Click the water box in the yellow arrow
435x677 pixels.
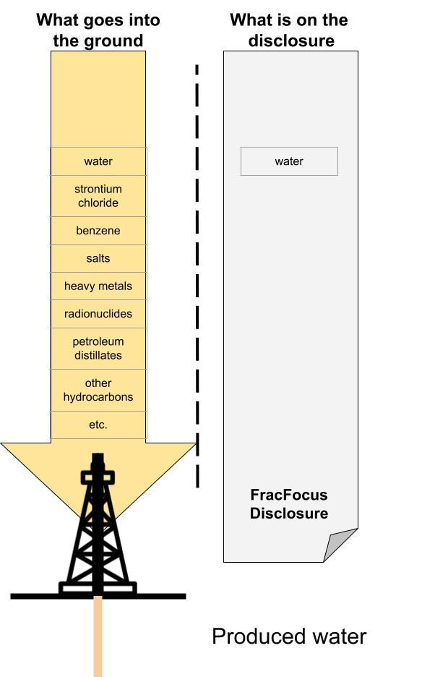[x=98, y=161]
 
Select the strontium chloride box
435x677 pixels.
[x=98, y=196]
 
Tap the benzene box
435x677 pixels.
[x=98, y=231]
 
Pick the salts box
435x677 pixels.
[x=98, y=258]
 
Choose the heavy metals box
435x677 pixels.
[x=98, y=286]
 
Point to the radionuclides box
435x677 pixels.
[x=98, y=314]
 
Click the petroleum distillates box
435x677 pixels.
[x=98, y=348]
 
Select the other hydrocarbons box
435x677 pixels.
[x=98, y=390]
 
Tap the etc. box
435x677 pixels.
[x=98, y=425]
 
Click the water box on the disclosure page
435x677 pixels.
[x=289, y=161]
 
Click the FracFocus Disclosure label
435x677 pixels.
[x=289, y=504]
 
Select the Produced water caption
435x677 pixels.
[x=289, y=636]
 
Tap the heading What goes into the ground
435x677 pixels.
[x=98, y=30]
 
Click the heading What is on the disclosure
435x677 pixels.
[x=289, y=30]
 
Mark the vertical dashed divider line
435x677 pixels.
[x=197, y=275]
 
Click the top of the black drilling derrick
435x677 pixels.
[x=98, y=463]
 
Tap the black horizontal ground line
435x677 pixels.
[x=43, y=596]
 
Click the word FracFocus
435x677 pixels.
[x=289, y=495]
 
